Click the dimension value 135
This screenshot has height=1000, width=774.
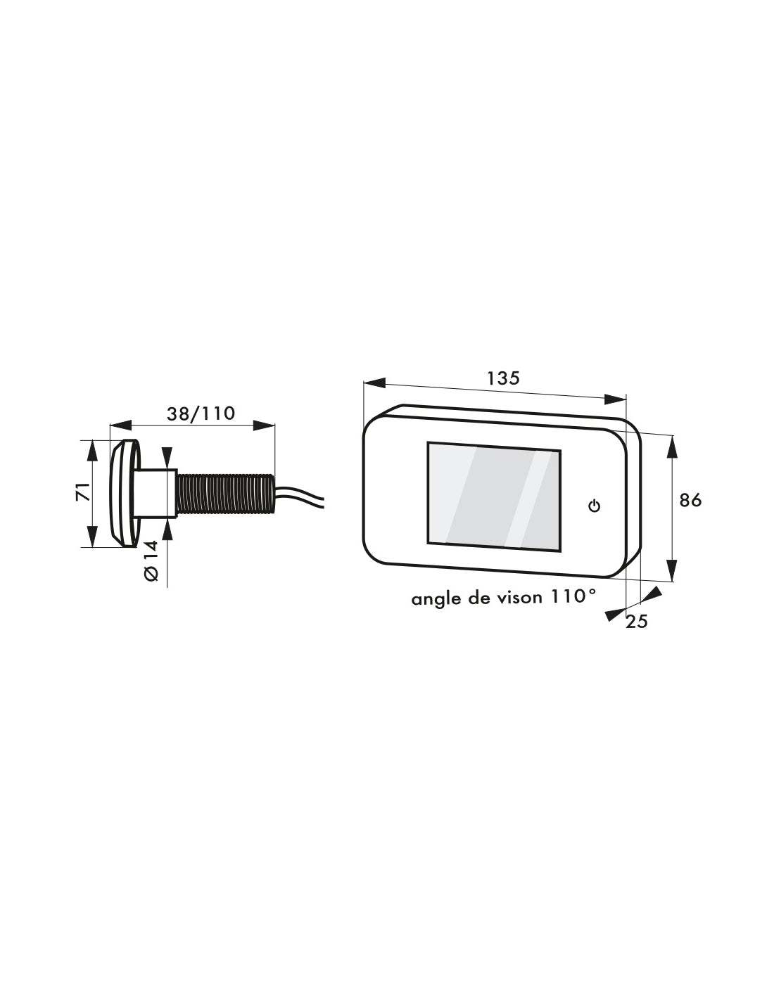point(503,378)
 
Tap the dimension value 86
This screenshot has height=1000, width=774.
point(690,500)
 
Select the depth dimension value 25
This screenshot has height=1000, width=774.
point(636,622)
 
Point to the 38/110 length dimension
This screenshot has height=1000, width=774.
point(201,414)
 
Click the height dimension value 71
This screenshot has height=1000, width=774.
point(83,492)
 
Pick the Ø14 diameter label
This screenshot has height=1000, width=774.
point(152,563)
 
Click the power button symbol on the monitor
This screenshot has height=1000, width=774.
point(595,506)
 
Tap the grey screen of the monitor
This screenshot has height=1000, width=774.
point(493,496)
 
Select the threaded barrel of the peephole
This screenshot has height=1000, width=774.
point(224,494)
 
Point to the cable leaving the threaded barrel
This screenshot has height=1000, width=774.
point(299,494)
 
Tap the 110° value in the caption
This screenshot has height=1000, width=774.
point(573,596)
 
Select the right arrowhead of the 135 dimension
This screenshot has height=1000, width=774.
point(615,399)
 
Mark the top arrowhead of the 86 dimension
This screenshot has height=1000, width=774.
point(673,446)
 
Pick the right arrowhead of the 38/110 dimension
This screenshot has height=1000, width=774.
point(265,425)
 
